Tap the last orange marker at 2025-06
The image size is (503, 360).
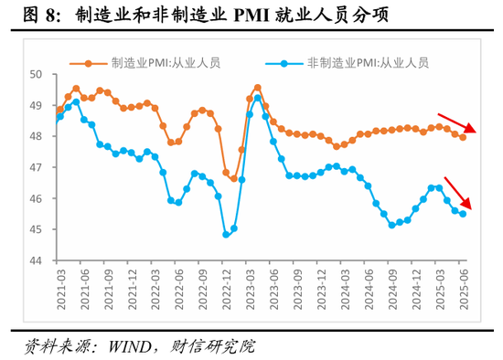click(x=463, y=137)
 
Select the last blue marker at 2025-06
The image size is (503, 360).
click(x=463, y=214)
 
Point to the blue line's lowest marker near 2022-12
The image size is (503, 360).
click(x=226, y=235)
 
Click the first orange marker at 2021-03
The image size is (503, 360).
click(x=59, y=110)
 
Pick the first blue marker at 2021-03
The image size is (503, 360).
click(x=59, y=116)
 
